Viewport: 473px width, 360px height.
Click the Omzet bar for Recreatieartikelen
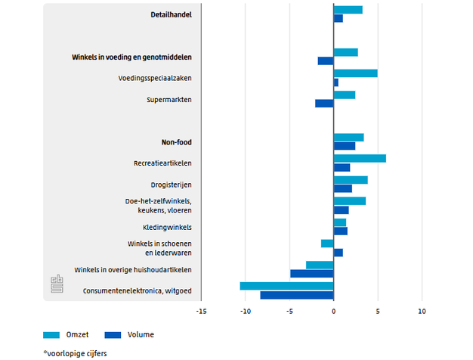[360, 158]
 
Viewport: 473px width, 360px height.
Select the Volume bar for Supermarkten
[324, 104]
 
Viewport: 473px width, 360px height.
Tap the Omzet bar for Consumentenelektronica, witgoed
[286, 286]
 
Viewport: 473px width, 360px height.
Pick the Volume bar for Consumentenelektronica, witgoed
[297, 295]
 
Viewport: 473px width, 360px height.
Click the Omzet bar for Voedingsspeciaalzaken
[355, 73]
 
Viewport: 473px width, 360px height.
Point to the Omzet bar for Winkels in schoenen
[327, 244]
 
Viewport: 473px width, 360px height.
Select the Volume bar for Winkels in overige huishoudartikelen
[312, 273]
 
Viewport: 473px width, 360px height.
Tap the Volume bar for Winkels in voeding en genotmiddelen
[326, 61]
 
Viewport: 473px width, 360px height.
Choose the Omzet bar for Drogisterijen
[351, 180]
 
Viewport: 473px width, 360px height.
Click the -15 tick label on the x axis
[201, 311]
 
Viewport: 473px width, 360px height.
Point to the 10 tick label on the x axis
[422, 311]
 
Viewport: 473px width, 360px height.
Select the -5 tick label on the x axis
[289, 311]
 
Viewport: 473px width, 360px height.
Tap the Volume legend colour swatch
[113, 334]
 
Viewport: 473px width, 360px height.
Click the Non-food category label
[176, 141]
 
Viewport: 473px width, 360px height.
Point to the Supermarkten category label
[169, 99]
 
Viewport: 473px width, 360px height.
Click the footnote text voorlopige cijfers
[77, 352]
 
